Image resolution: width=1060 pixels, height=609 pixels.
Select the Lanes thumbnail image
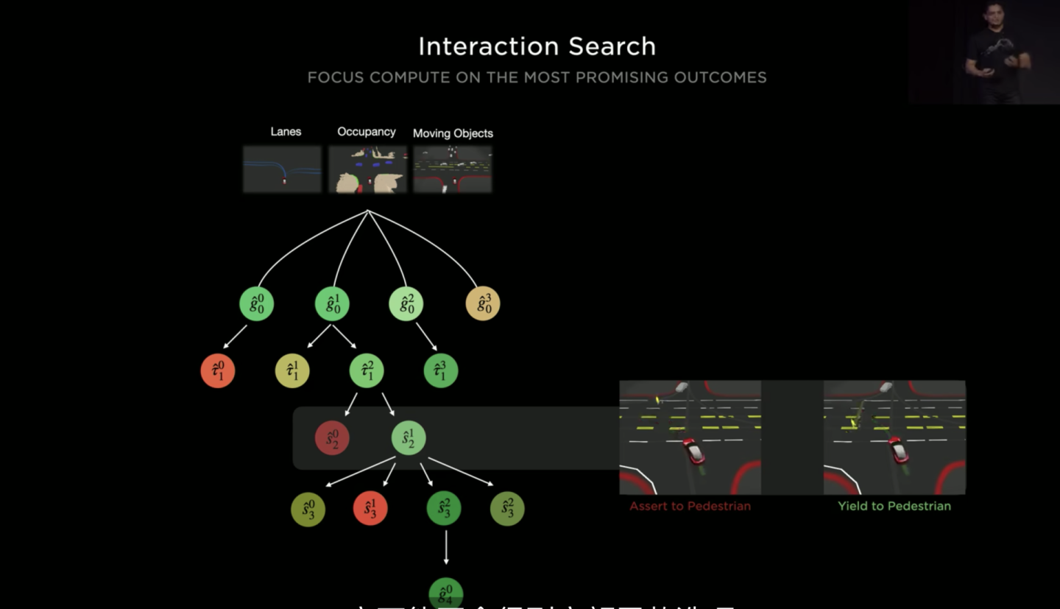coord(283,169)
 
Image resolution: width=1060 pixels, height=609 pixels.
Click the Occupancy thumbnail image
coord(367,169)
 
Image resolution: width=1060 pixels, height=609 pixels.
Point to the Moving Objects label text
coord(453,133)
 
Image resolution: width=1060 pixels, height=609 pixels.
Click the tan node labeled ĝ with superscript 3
coord(483,303)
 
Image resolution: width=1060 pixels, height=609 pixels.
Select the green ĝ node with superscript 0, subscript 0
coord(257,303)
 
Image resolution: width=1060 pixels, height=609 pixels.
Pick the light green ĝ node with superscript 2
coord(406,303)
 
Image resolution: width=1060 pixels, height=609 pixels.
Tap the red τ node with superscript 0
coord(218,371)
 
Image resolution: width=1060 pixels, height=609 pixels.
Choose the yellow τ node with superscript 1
coord(292,371)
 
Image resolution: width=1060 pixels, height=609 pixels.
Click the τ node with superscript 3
coord(441,371)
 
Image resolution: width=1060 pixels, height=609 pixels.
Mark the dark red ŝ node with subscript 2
coord(332,438)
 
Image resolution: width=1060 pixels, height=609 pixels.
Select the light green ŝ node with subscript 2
coord(409,438)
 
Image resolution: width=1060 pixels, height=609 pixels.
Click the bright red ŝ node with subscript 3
coord(370,508)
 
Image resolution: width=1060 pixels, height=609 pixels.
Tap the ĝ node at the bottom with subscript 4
coord(446,594)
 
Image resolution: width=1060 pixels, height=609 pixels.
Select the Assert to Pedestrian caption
coord(690,506)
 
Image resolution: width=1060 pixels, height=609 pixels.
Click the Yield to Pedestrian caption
coord(894,506)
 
